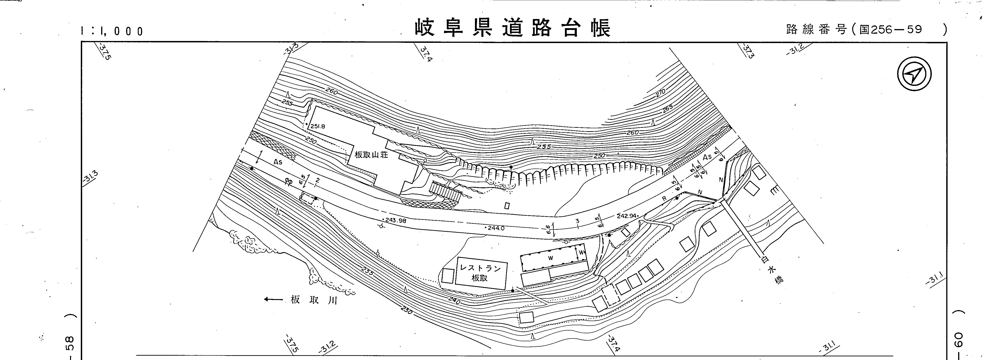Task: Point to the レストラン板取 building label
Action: tap(480, 273)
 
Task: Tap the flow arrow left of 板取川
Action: tap(273, 300)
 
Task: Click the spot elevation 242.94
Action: tap(626, 216)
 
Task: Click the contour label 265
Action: tap(668, 109)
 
